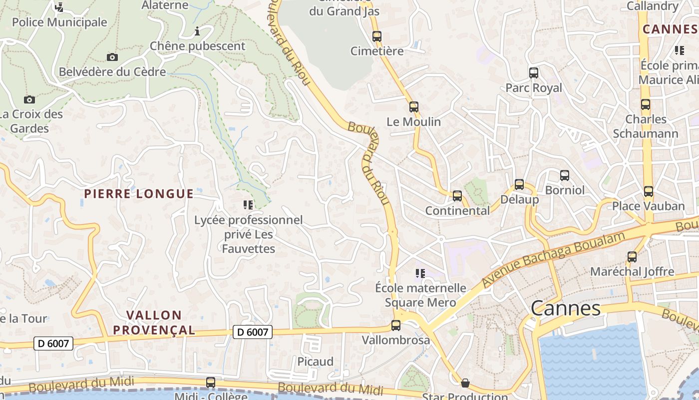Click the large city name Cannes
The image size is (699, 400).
pyautogui.click(x=566, y=308)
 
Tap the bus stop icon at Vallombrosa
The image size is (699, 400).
pyautogui.click(x=396, y=325)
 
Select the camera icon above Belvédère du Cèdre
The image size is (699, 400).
pyautogui.click(x=112, y=57)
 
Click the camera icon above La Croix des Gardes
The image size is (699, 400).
pyautogui.click(x=29, y=99)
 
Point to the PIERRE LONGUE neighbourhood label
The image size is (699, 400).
pyautogui.click(x=139, y=194)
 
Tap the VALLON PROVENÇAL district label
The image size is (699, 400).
pyautogui.click(x=154, y=322)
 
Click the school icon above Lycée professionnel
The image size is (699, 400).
pyautogui.click(x=248, y=204)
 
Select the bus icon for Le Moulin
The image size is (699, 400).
pyautogui.click(x=413, y=106)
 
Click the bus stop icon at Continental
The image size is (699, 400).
pyautogui.click(x=457, y=195)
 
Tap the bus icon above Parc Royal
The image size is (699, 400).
pyautogui.click(x=534, y=73)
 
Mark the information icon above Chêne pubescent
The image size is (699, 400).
pyautogui.click(x=197, y=32)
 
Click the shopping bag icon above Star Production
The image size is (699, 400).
pyautogui.click(x=465, y=383)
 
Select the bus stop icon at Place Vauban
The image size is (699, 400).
pyautogui.click(x=648, y=191)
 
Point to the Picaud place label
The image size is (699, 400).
pyautogui.click(x=315, y=361)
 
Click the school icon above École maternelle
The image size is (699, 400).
pyautogui.click(x=420, y=273)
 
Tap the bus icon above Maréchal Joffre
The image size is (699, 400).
pyautogui.click(x=632, y=257)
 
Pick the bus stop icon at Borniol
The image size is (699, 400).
pyautogui.click(x=565, y=175)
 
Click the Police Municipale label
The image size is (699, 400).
pyautogui.click(x=59, y=22)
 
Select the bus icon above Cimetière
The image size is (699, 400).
pyautogui.click(x=377, y=36)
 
